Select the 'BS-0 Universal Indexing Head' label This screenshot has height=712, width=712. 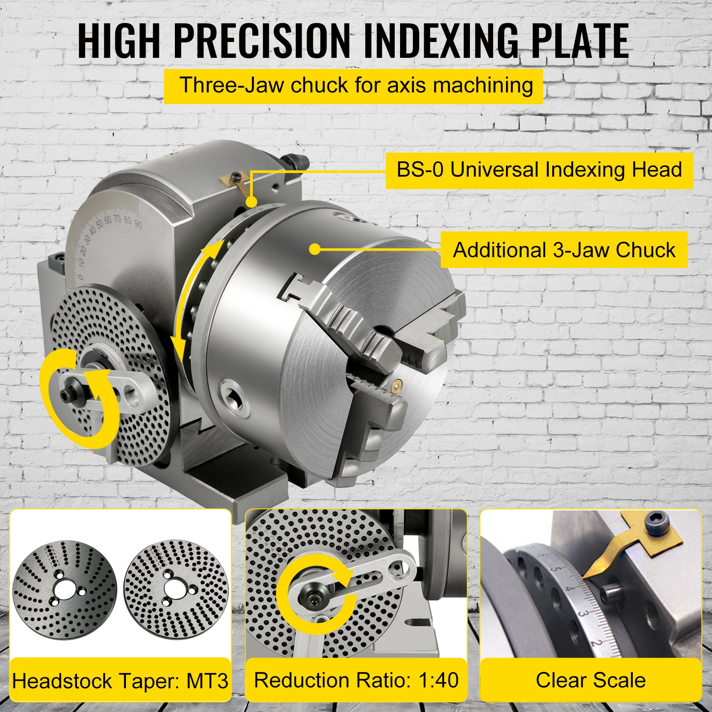click(x=539, y=170)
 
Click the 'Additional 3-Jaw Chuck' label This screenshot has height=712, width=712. click(x=564, y=250)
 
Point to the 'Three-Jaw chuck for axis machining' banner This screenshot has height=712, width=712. click(x=354, y=85)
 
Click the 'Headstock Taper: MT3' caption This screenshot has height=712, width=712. click(x=120, y=681)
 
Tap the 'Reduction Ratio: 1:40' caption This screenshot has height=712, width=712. click(x=356, y=680)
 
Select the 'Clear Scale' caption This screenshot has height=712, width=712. click(x=591, y=680)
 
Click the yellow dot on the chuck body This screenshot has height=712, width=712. click(x=315, y=249)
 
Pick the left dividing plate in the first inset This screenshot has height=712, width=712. click(x=65, y=590)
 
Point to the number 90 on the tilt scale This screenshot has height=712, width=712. click(x=138, y=224)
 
